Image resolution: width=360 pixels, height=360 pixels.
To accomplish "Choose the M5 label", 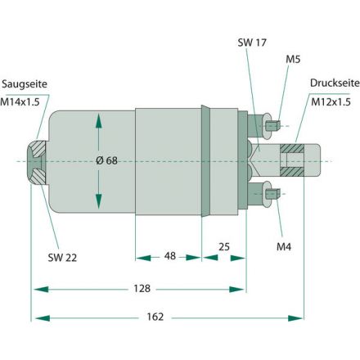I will point(292,60).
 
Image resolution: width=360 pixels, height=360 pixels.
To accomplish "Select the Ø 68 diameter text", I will point(107,160).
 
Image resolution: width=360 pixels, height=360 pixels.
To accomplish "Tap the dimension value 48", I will point(168,257).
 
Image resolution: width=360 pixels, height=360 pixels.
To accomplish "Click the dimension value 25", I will point(223,245).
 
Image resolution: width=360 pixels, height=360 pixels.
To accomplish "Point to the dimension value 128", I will point(141,288).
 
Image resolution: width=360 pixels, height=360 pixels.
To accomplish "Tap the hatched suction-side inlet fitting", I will point(38,160).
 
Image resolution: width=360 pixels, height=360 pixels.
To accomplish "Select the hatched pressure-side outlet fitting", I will point(293,160).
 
